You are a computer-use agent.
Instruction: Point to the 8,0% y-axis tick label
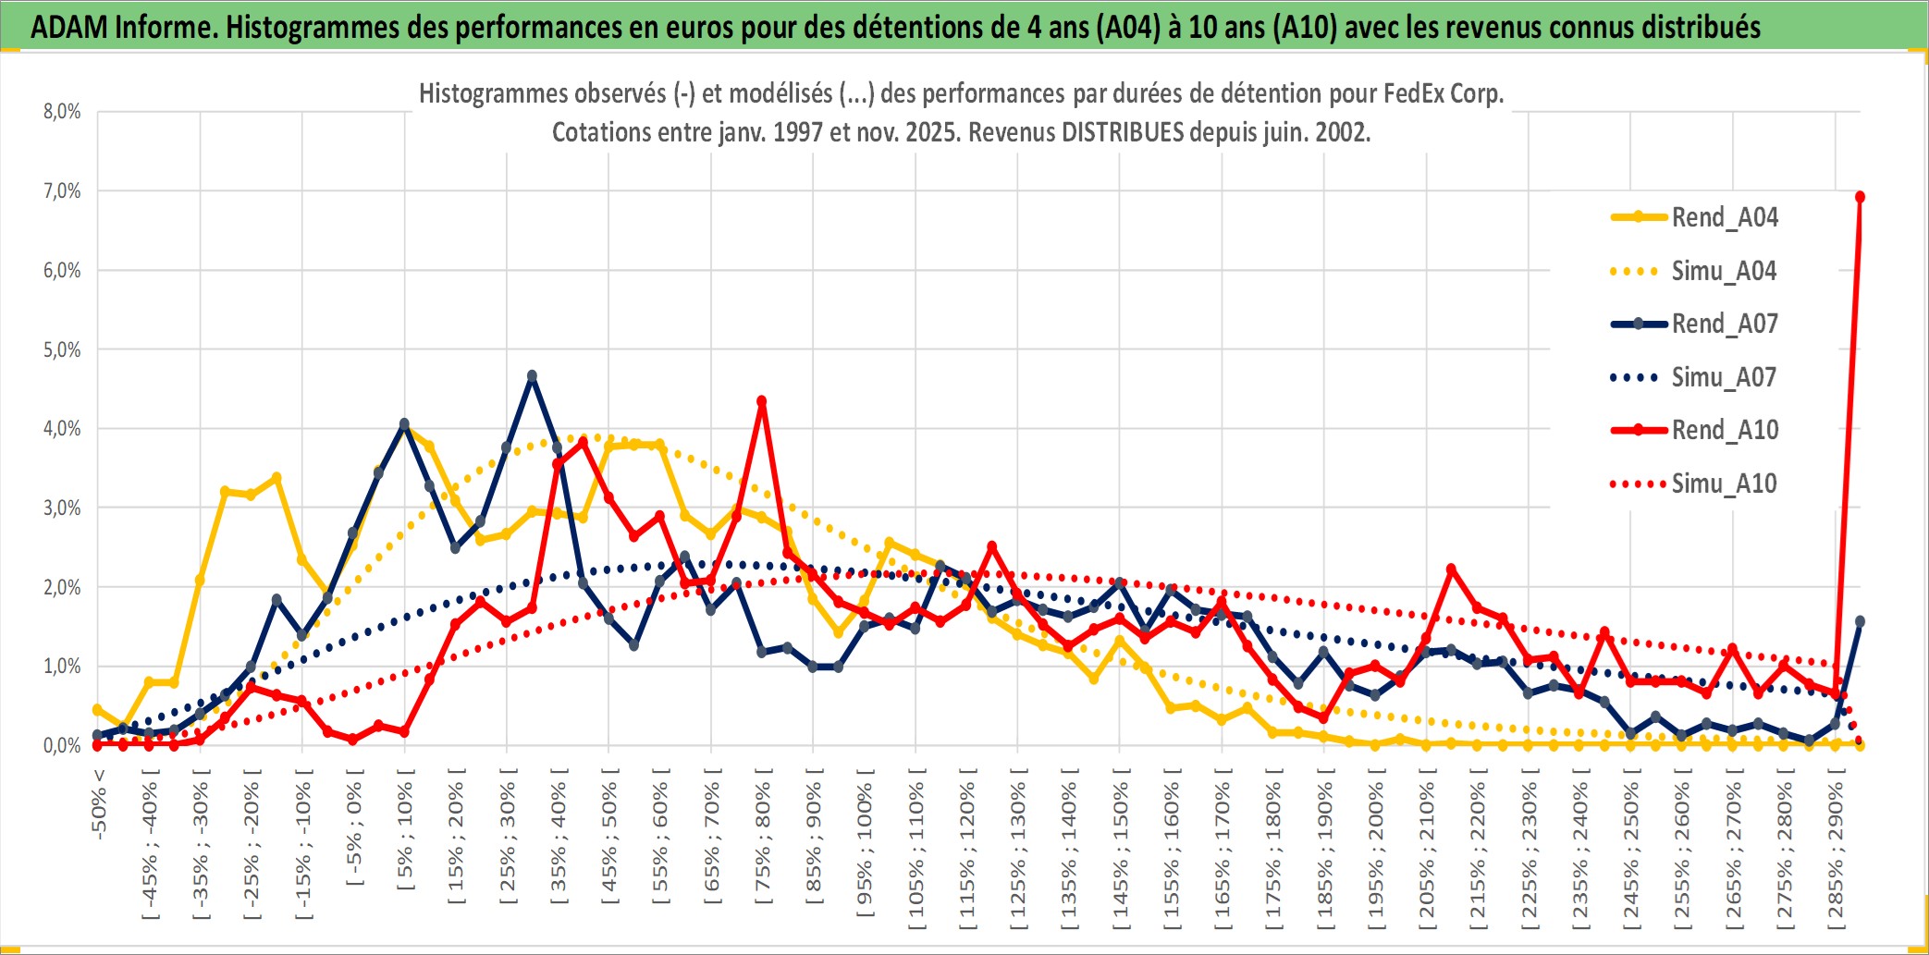[62, 112]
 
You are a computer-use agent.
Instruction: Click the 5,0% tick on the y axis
[62, 349]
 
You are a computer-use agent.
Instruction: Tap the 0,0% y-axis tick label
[62, 745]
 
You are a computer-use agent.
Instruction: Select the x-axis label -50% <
[99, 804]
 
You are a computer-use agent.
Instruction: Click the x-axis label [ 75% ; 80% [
[763, 841]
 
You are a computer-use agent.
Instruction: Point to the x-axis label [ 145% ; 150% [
[1121, 851]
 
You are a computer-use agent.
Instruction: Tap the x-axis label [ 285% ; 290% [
[1836, 851]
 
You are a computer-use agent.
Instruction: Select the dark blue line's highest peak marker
[532, 376]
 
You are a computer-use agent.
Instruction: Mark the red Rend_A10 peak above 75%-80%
[762, 401]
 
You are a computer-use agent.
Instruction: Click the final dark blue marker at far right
[1860, 621]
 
